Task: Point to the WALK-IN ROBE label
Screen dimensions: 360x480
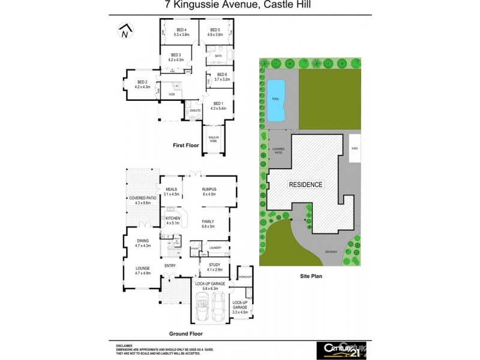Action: pos(213,139)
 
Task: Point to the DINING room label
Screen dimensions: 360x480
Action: pos(142,243)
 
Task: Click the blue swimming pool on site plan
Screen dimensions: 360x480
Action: pos(277,98)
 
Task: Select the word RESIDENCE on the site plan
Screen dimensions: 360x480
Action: pos(306,185)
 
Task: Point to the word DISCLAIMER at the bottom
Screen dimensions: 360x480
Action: pos(124,346)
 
